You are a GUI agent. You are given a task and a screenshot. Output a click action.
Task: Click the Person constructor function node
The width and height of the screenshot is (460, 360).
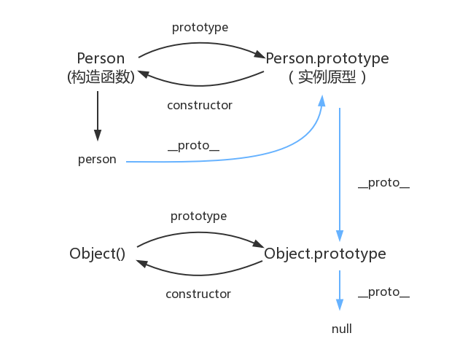101,58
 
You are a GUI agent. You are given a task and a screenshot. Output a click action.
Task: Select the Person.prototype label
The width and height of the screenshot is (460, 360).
327,58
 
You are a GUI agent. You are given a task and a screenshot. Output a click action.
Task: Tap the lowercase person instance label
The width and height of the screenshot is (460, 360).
97,159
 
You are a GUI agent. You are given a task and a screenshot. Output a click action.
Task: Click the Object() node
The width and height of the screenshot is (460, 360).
98,254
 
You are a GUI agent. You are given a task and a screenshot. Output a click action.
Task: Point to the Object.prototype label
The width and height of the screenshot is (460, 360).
324,254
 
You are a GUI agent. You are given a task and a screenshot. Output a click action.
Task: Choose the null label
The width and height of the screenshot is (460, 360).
341,329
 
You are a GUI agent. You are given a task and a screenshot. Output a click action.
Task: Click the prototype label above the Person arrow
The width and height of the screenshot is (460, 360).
200,28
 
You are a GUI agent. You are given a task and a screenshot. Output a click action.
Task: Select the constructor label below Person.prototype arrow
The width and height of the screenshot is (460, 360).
199,105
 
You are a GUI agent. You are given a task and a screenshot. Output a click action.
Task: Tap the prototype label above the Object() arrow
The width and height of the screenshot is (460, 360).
198,216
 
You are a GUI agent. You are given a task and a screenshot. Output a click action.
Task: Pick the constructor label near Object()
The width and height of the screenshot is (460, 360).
198,294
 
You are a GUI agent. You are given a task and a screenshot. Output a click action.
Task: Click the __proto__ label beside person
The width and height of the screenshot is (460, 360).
193,146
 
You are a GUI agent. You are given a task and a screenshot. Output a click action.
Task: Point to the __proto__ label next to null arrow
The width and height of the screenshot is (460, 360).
383,292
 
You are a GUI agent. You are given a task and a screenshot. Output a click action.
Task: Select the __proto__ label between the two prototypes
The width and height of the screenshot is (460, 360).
383,183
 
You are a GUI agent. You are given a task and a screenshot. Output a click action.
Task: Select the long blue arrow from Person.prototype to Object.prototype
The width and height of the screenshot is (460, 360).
339,175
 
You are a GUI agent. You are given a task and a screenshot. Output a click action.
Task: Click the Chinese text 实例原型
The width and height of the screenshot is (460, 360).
327,77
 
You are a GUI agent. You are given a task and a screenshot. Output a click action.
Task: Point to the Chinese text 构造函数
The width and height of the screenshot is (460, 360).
101,77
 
